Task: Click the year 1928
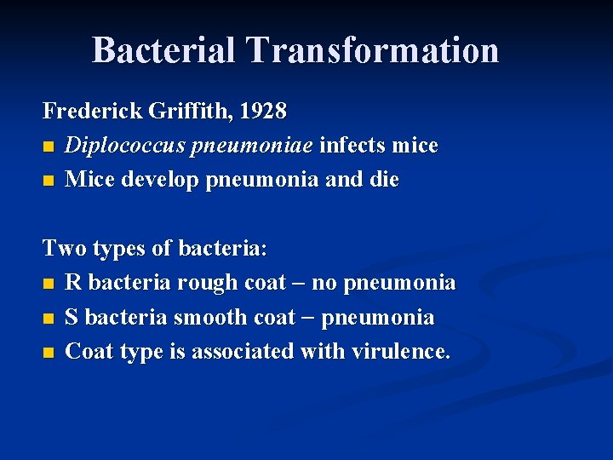(263, 112)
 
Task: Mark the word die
(383, 180)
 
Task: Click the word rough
(207, 283)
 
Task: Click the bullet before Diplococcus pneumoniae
(49, 147)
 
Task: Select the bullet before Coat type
(49, 352)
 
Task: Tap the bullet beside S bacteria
(49, 318)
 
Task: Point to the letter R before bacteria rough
(73, 283)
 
